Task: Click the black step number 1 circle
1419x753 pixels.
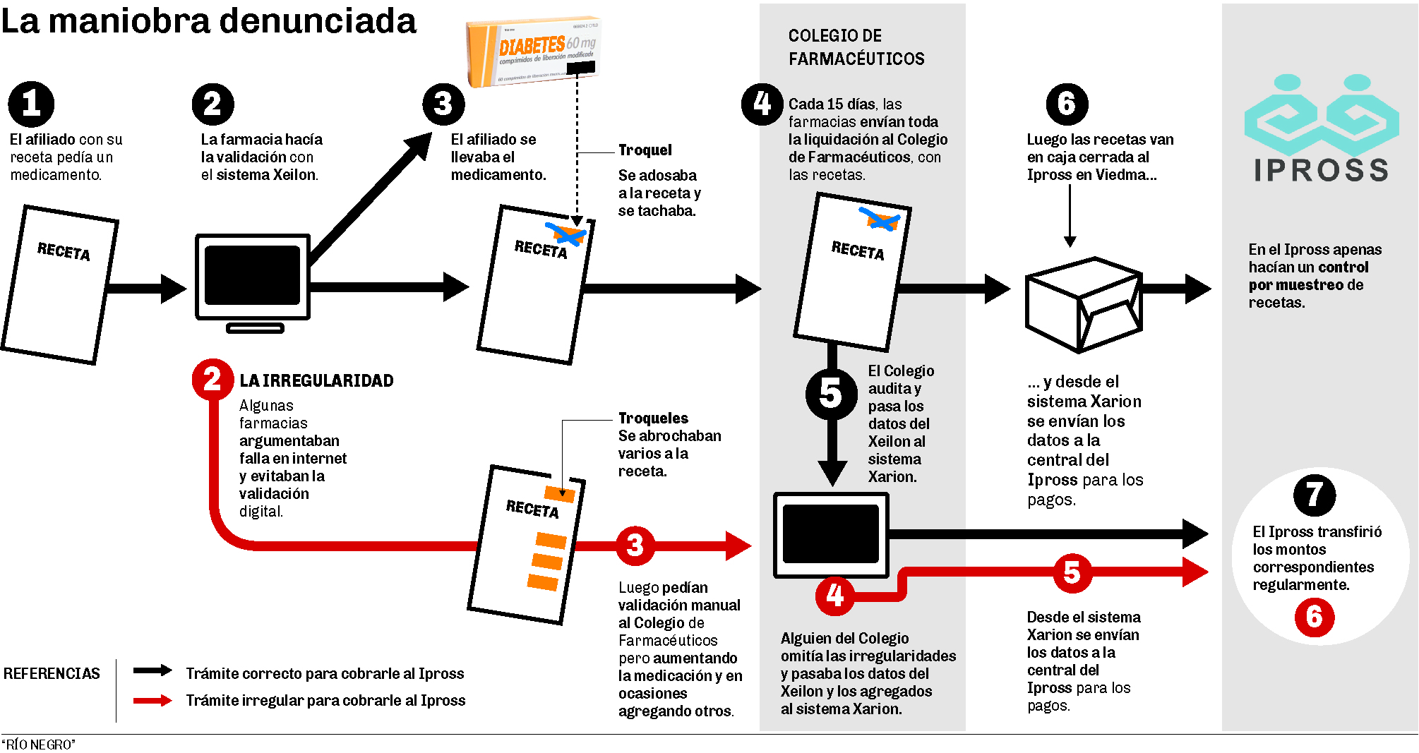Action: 31,104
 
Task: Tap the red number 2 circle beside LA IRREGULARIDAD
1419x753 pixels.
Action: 212,380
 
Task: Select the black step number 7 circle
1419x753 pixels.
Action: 1314,495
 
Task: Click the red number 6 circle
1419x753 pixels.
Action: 1314,617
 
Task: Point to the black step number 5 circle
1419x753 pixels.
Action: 832,394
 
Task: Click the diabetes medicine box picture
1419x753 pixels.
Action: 534,52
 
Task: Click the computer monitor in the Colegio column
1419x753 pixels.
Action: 831,534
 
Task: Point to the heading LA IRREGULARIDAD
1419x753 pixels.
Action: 316,381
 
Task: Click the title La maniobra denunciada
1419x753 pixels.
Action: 209,21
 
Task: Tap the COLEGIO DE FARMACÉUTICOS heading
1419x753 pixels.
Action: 856,47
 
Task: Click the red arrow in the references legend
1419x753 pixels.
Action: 152,700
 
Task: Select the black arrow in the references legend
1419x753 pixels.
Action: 152,670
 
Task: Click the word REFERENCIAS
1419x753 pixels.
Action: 52,674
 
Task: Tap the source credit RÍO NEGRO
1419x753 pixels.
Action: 39,745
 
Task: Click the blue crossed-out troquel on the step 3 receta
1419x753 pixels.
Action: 566,234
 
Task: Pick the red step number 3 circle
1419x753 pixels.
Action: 635,545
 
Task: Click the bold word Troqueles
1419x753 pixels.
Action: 653,418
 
